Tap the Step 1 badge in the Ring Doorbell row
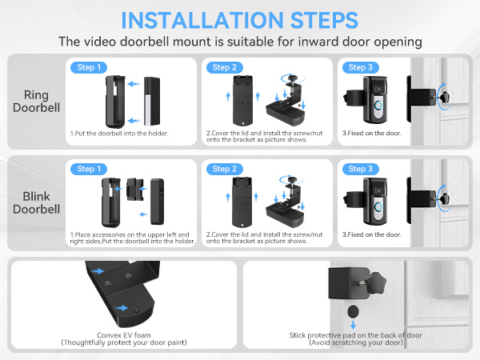(87, 67)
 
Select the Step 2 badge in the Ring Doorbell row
(223, 67)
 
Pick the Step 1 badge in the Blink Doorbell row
(87, 169)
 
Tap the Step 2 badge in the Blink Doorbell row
(223, 169)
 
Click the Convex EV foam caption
(122, 338)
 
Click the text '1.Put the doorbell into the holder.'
(119, 133)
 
